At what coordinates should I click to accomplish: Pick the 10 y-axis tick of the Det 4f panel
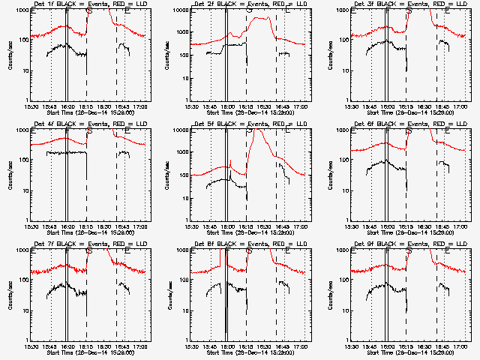click(22, 190)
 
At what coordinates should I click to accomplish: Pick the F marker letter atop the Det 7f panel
click(67, 250)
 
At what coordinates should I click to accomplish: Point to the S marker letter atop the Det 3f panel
click(409, 10)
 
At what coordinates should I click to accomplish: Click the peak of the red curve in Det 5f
click(256, 130)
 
